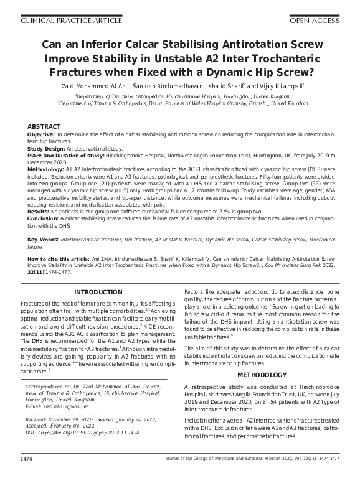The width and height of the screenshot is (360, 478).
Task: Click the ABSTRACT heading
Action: [x=44, y=126]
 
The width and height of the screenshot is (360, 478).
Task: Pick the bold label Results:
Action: [x=39, y=212]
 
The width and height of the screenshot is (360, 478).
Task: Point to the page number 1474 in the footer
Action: [x=27, y=459]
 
